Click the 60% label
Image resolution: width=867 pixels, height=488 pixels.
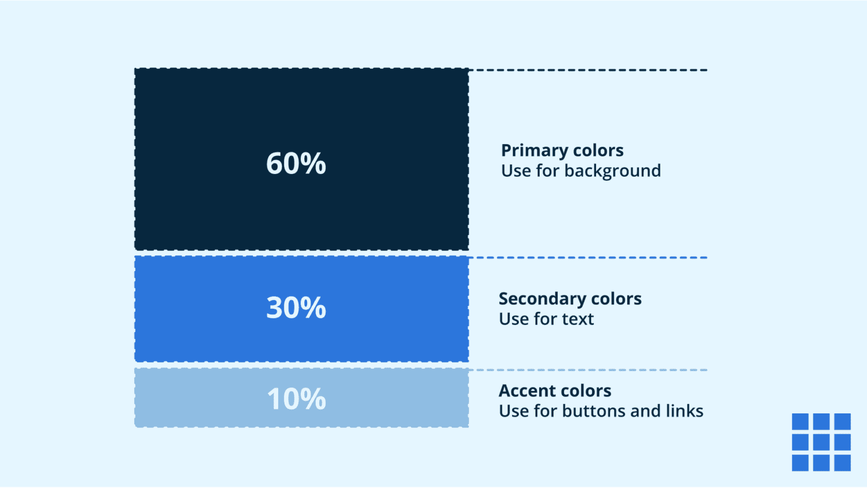pyautogui.click(x=296, y=163)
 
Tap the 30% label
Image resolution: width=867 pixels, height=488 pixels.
pyautogui.click(x=296, y=308)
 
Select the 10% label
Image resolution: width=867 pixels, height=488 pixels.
pyautogui.click(x=296, y=399)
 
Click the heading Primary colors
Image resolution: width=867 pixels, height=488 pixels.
pyautogui.click(x=562, y=151)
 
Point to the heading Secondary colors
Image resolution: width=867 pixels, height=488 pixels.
pyautogui.click(x=570, y=299)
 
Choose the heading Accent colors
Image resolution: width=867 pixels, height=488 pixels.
pyautogui.click(x=555, y=391)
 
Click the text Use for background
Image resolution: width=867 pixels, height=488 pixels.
pyautogui.click(x=581, y=171)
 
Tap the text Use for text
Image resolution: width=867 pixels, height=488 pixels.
pyautogui.click(x=546, y=319)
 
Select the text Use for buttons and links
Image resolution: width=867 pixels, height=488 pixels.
pyautogui.click(x=601, y=411)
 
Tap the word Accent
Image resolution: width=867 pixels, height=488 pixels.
pyautogui.click(x=524, y=391)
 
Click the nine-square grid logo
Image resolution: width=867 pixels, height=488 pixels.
pyautogui.click(x=821, y=442)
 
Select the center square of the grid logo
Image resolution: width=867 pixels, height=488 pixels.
pyautogui.click(x=821, y=442)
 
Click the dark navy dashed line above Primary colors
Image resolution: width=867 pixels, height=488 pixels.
pyautogui.click(x=587, y=70)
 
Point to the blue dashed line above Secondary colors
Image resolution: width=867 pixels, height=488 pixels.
pyautogui.click(x=587, y=258)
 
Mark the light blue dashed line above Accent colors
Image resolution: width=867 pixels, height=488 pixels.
pyautogui.click(x=587, y=370)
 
